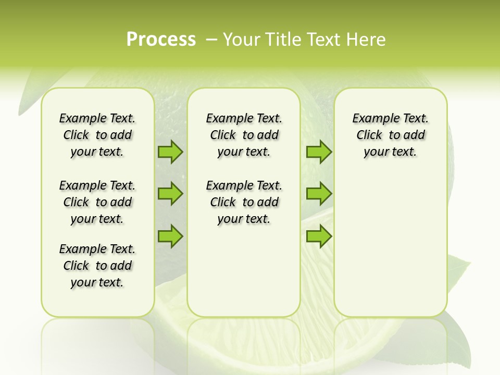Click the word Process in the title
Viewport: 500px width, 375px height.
coord(161,40)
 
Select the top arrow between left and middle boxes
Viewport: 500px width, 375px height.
coord(170,152)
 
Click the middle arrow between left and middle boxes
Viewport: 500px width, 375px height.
coord(170,194)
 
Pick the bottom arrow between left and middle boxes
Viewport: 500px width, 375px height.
coord(170,236)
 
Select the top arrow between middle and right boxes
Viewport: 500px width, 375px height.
coord(319,152)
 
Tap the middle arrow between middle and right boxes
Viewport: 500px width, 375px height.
coord(319,194)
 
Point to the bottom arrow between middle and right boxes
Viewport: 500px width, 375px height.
coord(319,236)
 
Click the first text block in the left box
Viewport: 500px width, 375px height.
coord(97,135)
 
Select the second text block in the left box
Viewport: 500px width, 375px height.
coord(97,202)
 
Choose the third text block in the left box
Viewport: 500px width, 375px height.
coord(97,266)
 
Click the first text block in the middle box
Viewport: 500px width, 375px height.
coord(244,135)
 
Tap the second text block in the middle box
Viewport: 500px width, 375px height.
coord(244,202)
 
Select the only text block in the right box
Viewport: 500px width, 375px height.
coord(390,135)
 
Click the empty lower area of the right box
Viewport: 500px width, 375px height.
coord(390,250)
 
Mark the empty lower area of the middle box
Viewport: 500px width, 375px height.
coord(244,271)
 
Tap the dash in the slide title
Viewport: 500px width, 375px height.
coord(212,40)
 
